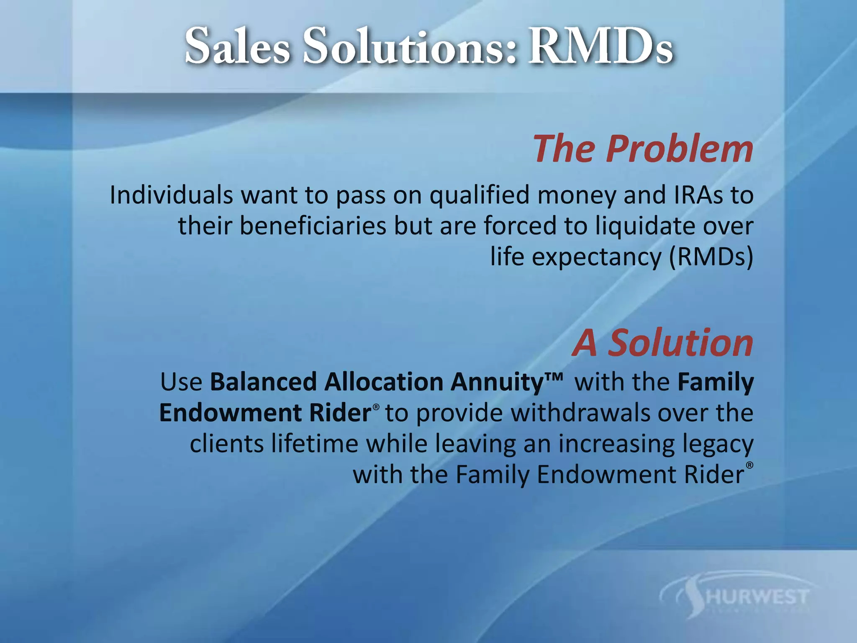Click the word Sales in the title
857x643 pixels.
click(237, 47)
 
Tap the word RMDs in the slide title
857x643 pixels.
click(600, 47)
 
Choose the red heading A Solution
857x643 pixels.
click(662, 343)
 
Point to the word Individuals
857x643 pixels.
click(171, 195)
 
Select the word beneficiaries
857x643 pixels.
click(313, 226)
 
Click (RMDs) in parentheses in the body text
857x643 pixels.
click(711, 257)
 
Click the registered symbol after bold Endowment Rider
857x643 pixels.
click(376, 407)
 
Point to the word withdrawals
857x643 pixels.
click(580, 413)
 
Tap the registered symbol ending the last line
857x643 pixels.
click(749, 465)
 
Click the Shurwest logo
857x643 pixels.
click(736, 597)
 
